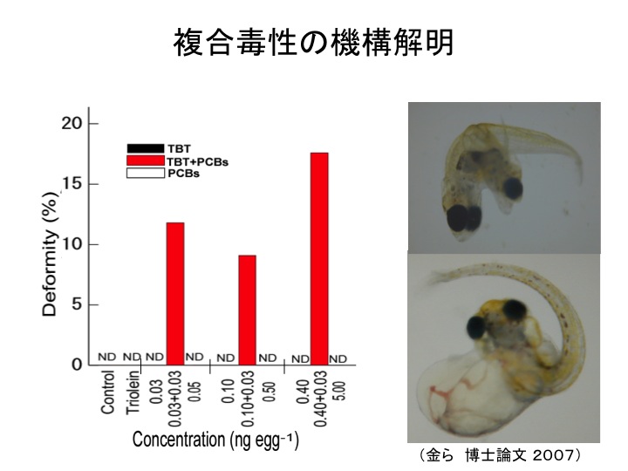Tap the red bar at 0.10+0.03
247,310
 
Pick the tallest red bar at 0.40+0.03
318,258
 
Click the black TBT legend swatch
146,148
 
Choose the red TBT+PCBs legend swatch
146,161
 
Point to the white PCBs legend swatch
146,174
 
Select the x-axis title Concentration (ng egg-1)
215,440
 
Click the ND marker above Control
107,358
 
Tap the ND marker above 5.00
338,358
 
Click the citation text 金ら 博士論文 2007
505,456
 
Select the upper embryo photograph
504,177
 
